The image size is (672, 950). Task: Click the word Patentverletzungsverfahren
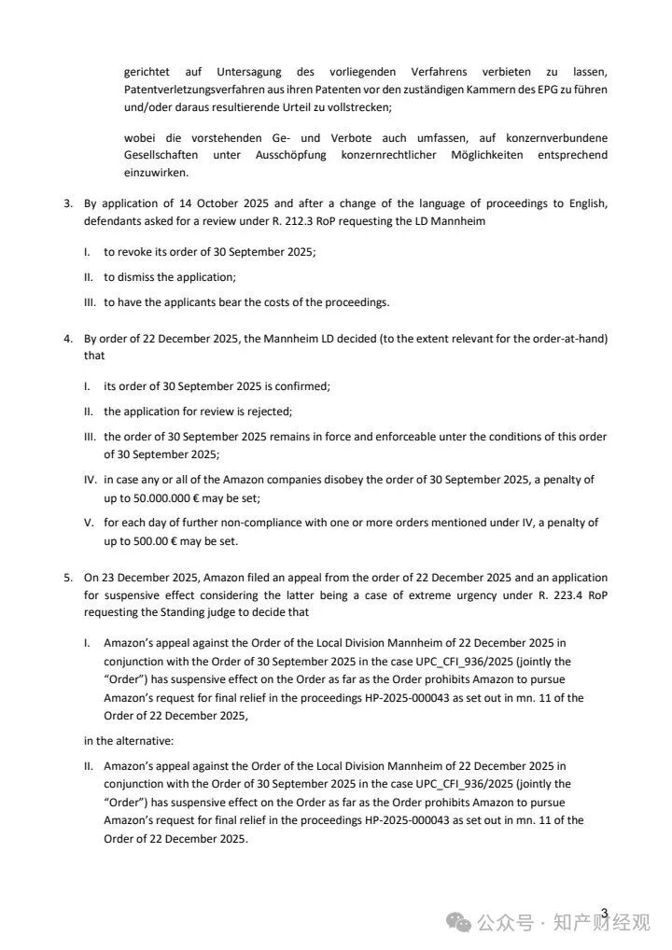(x=189, y=90)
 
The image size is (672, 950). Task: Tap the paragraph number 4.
(x=68, y=338)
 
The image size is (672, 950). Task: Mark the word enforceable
(x=383, y=437)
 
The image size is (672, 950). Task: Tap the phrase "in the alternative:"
(x=126, y=741)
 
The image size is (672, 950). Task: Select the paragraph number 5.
(x=68, y=578)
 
